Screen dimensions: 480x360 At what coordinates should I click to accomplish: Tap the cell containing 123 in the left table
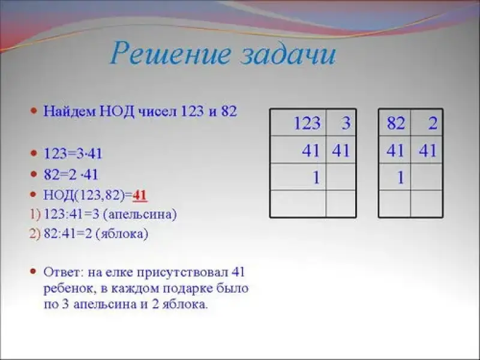tap(298, 123)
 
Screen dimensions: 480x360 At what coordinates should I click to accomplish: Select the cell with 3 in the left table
tap(341, 123)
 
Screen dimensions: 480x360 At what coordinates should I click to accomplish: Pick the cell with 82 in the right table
tap(395, 123)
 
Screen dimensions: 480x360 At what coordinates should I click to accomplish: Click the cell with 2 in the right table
tap(427, 123)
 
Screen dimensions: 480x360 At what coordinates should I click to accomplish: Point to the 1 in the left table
tap(316, 178)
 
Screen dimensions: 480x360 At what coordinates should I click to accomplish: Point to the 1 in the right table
tap(400, 178)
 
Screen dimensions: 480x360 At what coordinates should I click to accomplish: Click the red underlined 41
tap(140, 195)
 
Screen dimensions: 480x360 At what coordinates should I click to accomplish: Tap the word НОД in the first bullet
tap(117, 111)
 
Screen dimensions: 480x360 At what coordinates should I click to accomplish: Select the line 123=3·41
tap(73, 154)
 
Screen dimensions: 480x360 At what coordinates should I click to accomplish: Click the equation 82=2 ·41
tap(71, 175)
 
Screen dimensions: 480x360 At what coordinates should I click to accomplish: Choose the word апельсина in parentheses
tap(140, 214)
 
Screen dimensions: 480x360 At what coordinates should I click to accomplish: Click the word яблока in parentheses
tap(122, 234)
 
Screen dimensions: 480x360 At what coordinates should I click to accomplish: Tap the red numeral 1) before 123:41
tap(35, 214)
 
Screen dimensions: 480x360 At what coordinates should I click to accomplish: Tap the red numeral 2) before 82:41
tap(35, 234)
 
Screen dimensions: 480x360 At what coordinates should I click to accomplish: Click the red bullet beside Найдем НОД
tap(34, 110)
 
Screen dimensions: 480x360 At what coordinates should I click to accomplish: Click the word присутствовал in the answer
tap(182, 272)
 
